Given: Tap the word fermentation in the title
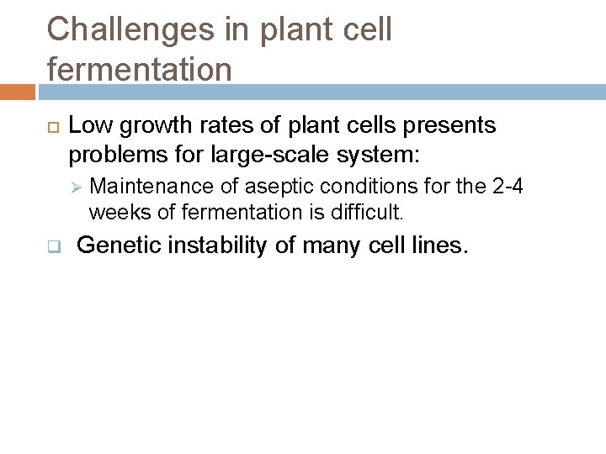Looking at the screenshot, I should coord(139,69).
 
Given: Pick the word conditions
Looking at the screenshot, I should coord(353,186).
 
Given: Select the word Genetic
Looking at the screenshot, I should coord(113,246).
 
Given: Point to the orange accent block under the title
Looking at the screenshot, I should coord(17,92).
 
